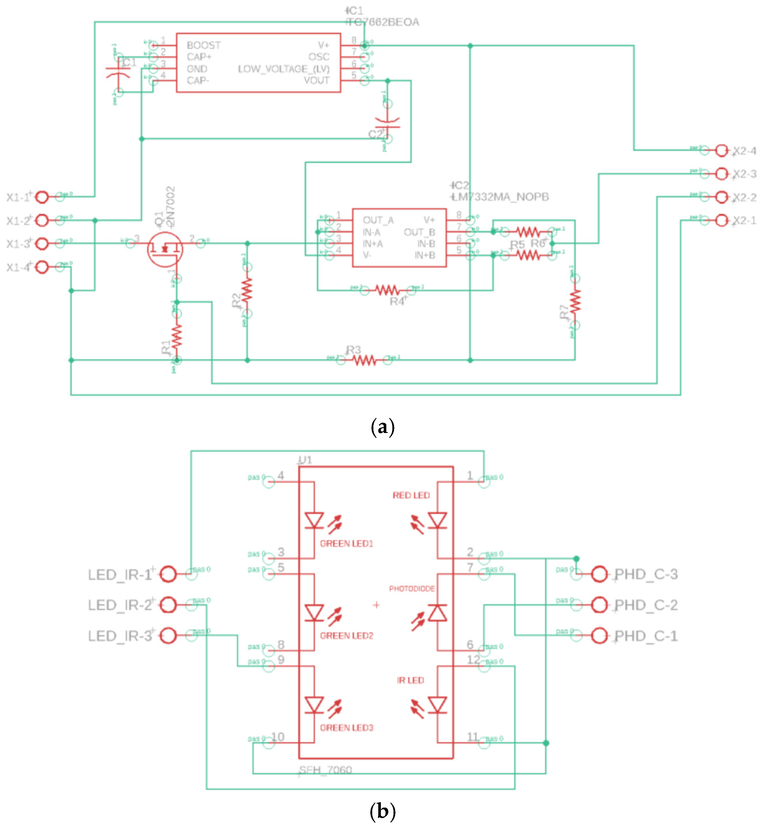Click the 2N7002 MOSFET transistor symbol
[x=165, y=249]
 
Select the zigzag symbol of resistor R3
[x=364, y=361]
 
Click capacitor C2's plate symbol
[x=387, y=123]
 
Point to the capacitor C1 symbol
[x=118, y=74]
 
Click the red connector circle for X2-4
[x=721, y=151]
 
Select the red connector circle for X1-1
[x=42, y=197]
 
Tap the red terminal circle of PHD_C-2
[x=599, y=605]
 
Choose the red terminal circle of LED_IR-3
[x=168, y=635]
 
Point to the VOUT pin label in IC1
[x=317, y=80]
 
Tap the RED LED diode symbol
[x=437, y=521]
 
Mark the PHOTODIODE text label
[x=412, y=589]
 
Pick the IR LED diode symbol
[x=437, y=705]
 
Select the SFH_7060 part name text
[x=326, y=770]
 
